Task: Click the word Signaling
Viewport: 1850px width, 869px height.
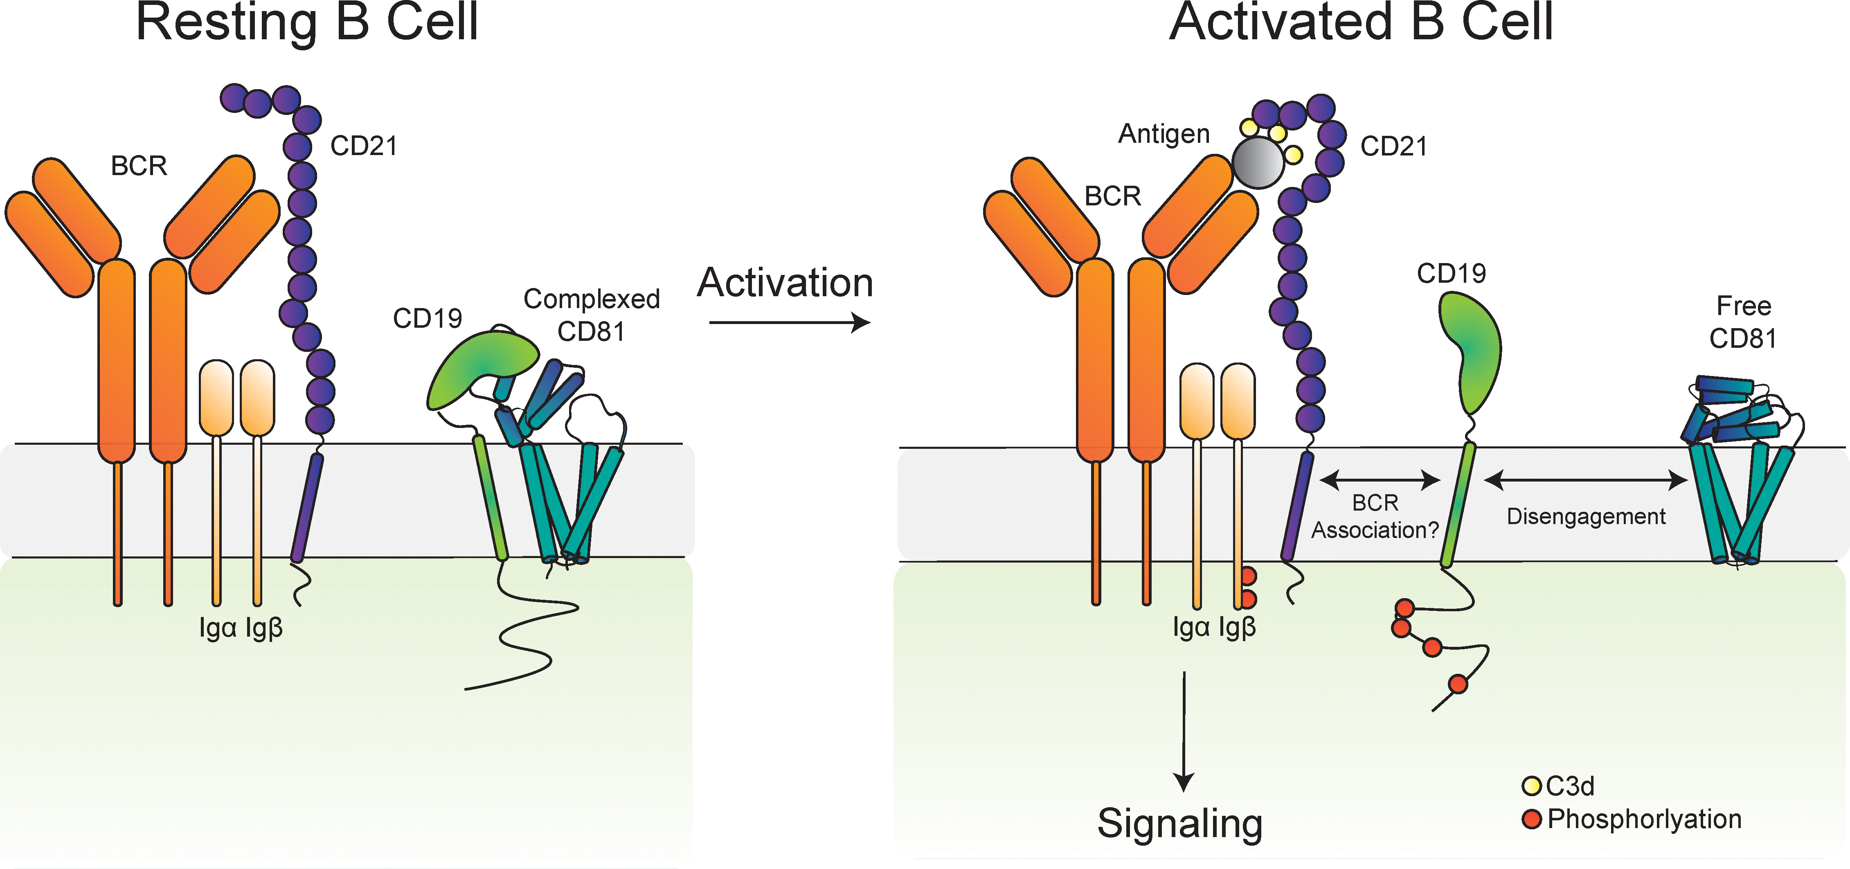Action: [1180, 823]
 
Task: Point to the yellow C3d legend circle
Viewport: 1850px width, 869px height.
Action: [1531, 786]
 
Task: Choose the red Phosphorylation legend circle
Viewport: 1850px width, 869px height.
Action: [1531, 819]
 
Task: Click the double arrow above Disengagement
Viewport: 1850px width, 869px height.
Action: [1586, 480]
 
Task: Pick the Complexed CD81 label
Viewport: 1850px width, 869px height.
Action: [591, 315]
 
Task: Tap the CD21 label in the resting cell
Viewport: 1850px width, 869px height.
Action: [363, 146]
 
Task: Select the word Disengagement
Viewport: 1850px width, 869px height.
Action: [1586, 516]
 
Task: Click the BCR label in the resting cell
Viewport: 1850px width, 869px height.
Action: [139, 166]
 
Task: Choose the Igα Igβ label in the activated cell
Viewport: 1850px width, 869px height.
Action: [1214, 627]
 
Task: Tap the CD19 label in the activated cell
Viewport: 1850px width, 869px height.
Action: [1451, 273]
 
